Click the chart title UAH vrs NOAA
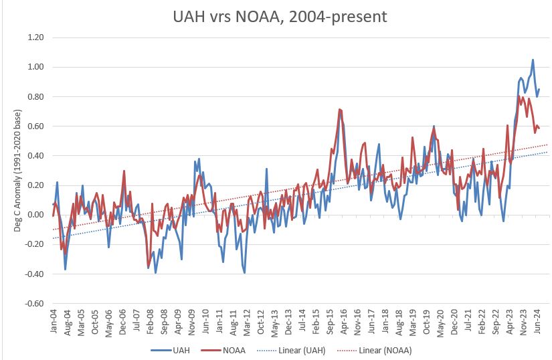coord(276,16)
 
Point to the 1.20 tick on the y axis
coord(35,37)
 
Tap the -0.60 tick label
coord(33,303)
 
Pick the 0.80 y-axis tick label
coord(35,96)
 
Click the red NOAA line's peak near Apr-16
coord(340,109)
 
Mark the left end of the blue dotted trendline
coord(53,238)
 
